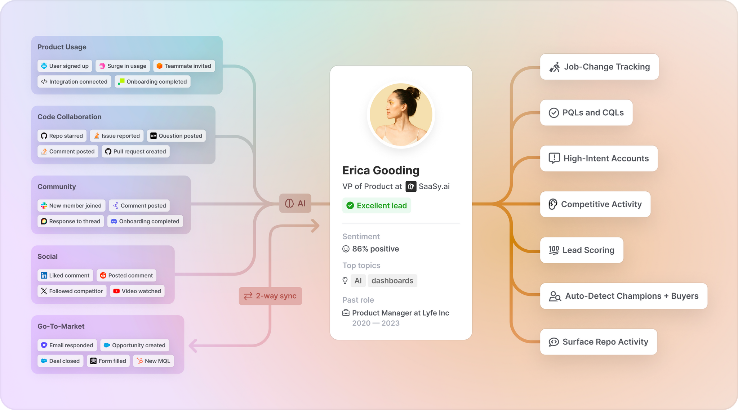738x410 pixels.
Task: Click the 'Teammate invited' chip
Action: pos(184,66)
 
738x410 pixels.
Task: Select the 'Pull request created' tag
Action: pos(135,151)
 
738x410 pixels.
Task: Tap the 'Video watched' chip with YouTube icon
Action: pos(137,291)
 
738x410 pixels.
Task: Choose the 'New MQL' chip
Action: pos(154,361)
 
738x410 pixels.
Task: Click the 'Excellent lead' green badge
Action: pos(377,206)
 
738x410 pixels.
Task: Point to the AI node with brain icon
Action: pos(295,204)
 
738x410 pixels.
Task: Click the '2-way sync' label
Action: pos(270,296)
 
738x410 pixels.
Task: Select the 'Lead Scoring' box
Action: pos(582,250)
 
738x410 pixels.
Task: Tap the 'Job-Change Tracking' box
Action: pos(599,67)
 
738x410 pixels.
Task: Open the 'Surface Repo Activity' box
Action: pos(599,342)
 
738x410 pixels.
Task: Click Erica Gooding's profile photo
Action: pos(401,115)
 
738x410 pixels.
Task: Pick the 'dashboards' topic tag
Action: pos(392,281)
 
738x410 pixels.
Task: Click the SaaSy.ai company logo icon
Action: pos(411,187)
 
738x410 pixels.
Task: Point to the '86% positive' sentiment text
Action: pos(375,249)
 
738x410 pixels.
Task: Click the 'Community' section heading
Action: pos(57,187)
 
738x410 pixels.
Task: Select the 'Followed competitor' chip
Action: pos(72,291)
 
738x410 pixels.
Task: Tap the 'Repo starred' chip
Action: pos(62,136)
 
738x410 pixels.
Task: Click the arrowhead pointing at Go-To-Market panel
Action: pos(193,346)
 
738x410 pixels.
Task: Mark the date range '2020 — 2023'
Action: pos(376,323)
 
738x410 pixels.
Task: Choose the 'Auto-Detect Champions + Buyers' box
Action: pos(623,296)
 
